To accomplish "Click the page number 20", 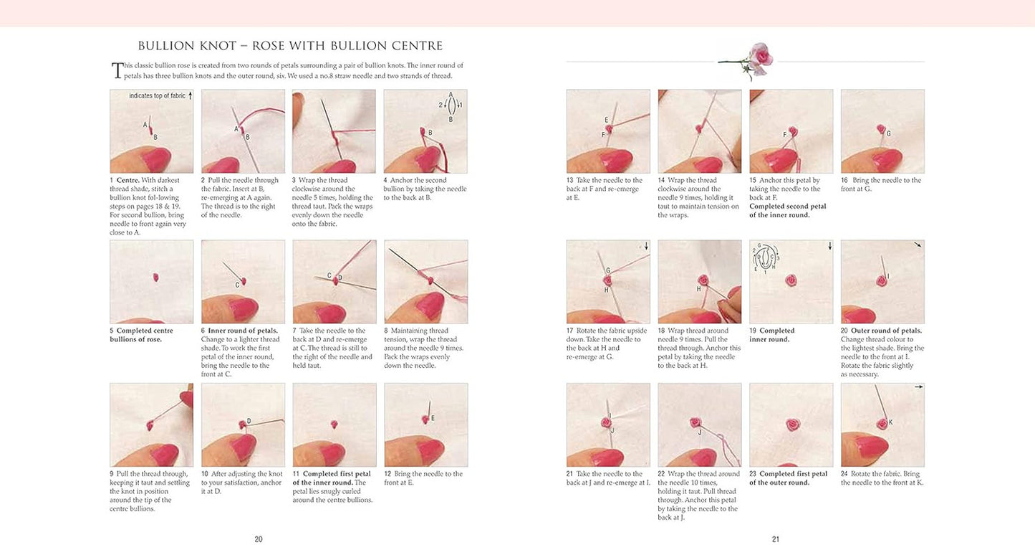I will (259, 539).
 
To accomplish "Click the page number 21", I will (775, 539).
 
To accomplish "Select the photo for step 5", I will (151, 282).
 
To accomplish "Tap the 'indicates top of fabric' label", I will (157, 95).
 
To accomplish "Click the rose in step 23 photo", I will (791, 425).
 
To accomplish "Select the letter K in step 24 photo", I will (890, 422).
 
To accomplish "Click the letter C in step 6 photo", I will (237, 285).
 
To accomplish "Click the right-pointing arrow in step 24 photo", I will (918, 387).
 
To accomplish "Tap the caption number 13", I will (570, 181).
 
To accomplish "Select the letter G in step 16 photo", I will (889, 133).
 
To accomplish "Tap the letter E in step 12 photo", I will (433, 418).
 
